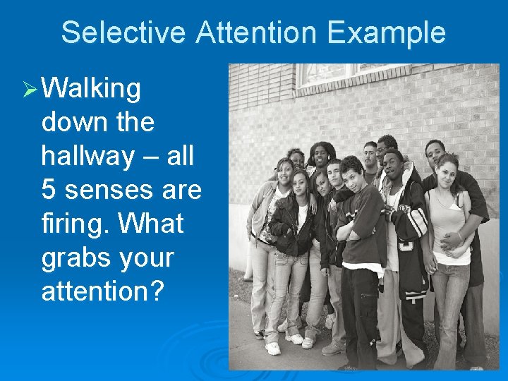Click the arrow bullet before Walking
29,90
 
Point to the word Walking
91,90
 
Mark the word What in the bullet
151,224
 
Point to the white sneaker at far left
272,348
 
